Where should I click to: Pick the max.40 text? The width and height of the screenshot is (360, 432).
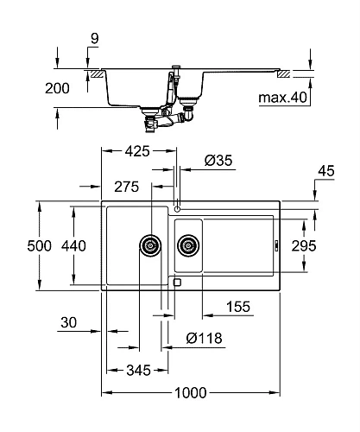pyautogui.click(x=283, y=98)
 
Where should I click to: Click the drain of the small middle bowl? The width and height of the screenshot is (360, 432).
pyautogui.click(x=187, y=246)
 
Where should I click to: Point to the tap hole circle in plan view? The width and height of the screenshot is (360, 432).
pyautogui.click(x=177, y=208)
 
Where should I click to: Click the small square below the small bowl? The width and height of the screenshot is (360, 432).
pyautogui.click(x=177, y=281)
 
